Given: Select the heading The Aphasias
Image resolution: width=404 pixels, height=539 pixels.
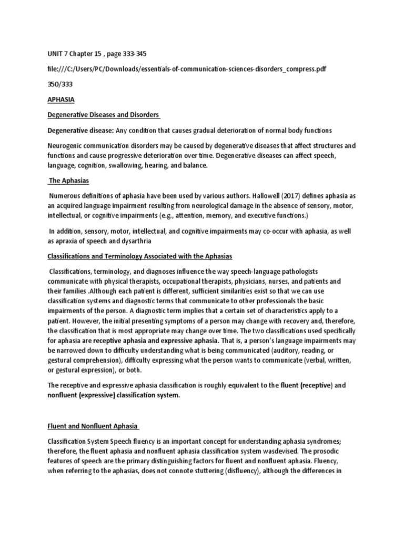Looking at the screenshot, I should tap(68, 181).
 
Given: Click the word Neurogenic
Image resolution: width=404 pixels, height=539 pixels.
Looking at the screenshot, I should tap(66, 145).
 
